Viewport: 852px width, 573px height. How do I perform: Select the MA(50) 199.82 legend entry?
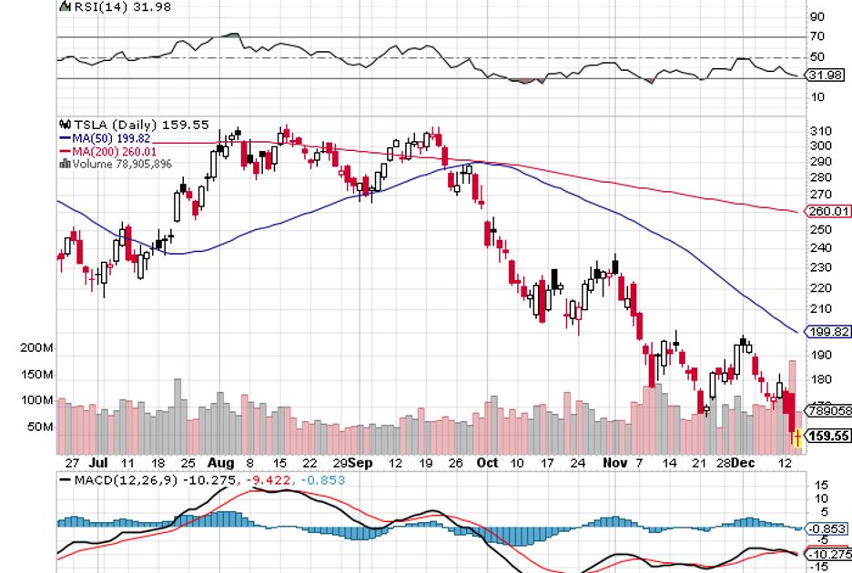click(110, 138)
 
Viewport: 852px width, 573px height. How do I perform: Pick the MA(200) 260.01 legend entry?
click(112, 151)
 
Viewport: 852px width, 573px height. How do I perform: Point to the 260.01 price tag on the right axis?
click(828, 211)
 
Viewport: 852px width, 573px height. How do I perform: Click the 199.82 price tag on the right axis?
click(828, 333)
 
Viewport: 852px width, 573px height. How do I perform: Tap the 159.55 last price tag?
click(828, 437)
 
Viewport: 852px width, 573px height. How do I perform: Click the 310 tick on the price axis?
click(820, 131)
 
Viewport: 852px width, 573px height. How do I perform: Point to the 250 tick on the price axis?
click(820, 229)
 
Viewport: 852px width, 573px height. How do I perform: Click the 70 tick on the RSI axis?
click(816, 36)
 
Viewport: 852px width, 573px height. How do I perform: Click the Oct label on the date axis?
click(489, 462)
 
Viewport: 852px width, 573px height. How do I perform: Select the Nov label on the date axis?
click(616, 462)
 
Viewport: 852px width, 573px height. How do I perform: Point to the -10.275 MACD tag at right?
click(827, 555)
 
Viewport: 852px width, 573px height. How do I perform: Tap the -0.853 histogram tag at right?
click(827, 528)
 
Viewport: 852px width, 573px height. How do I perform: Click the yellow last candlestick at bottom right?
click(798, 438)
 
